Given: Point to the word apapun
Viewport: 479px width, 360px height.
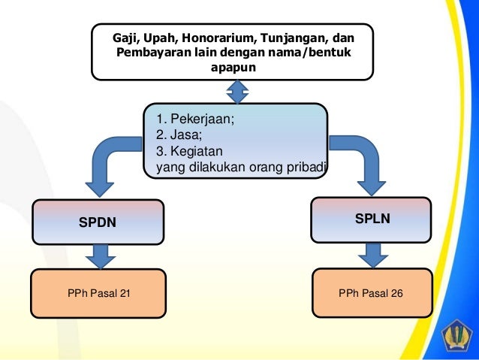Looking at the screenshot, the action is click(x=233, y=68).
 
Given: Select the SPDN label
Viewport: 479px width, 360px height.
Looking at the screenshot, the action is click(x=98, y=222).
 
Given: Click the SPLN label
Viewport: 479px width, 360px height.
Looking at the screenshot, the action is click(x=372, y=218).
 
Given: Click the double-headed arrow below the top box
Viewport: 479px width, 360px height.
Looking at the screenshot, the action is click(x=237, y=91).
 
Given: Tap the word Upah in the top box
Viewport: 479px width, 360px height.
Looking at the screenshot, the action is click(x=158, y=37).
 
